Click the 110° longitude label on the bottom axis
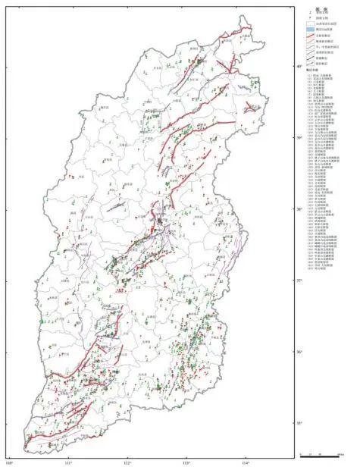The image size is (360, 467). click(10, 460)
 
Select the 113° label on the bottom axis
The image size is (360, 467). click(186, 460)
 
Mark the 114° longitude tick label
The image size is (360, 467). click(246, 460)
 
